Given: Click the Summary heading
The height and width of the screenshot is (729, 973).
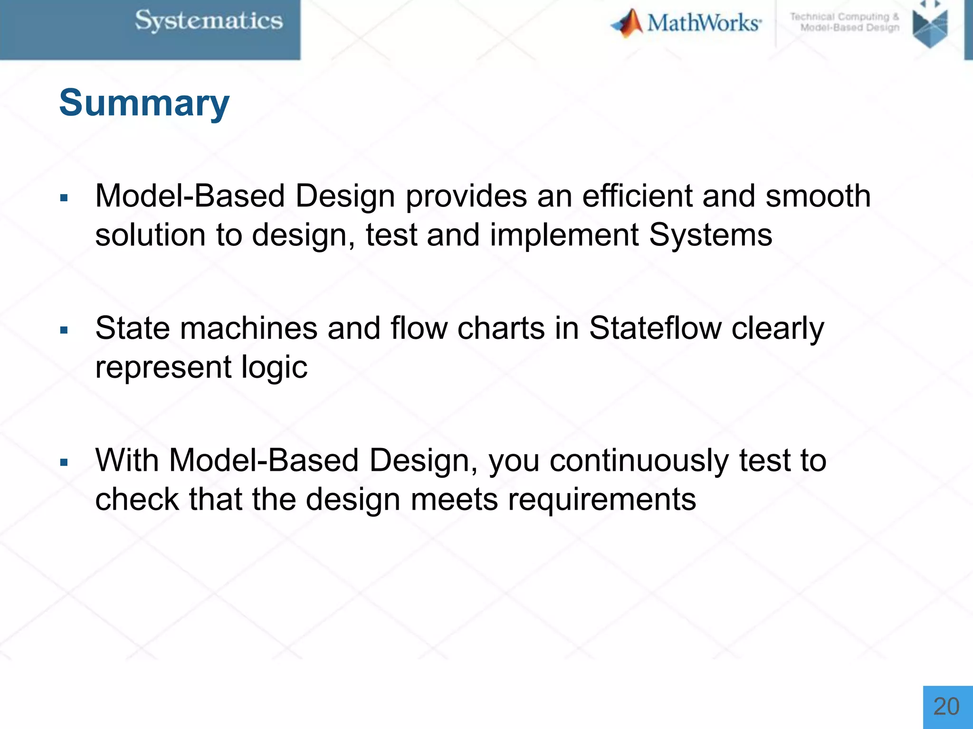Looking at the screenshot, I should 144,103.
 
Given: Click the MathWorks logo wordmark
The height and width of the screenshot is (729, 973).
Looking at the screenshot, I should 703,23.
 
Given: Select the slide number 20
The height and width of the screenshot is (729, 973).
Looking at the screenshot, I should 946,707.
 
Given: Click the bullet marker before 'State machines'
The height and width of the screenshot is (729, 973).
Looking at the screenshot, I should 64,330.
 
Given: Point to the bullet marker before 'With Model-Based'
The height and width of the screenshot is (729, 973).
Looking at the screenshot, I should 64,462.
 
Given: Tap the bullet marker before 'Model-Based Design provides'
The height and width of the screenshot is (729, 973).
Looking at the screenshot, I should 64,197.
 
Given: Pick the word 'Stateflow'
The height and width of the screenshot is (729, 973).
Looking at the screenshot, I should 655,328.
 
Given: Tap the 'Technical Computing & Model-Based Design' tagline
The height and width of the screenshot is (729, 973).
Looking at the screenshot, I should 845,22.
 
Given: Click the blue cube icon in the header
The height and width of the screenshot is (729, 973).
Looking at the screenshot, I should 930,26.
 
